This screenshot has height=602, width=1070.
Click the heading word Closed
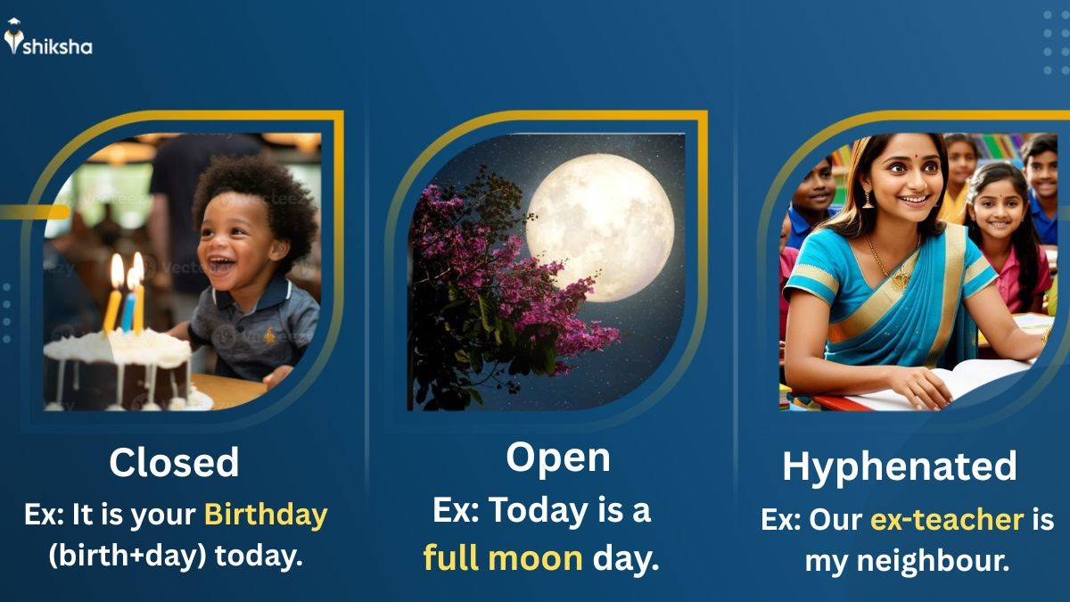coord(174,463)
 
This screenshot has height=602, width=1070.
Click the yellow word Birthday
coord(266,516)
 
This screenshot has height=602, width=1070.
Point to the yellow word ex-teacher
coord(947,520)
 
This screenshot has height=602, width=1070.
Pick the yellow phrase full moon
coord(503,557)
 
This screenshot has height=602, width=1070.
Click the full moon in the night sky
coord(600,228)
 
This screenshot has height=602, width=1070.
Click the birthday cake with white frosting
coord(118,369)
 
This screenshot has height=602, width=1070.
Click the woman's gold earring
coord(868,199)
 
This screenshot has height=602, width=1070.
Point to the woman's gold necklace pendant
coord(901,279)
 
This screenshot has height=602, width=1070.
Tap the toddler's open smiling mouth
coord(221,266)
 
